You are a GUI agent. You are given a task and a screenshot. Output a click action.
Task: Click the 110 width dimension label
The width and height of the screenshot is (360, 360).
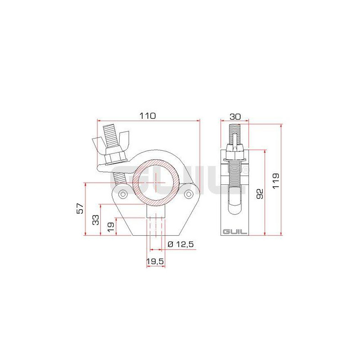pos(148,116)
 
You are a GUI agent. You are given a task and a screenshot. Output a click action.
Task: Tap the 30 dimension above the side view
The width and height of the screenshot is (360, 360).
pos(235,117)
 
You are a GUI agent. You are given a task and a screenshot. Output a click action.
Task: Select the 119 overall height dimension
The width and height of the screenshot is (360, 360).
pos(275,181)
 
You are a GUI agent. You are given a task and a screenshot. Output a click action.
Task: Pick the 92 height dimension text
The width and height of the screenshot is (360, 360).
pos(260,194)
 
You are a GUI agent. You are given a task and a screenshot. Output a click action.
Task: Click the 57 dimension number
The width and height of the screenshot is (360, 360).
pos(80,208)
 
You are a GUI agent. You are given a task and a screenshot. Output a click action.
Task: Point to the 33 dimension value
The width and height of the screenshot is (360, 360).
pos(95,220)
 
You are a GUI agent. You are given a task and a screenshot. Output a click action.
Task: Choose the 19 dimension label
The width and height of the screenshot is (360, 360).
pos(111,227)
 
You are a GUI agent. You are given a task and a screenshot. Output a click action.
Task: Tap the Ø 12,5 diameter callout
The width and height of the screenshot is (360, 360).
pos(181,244)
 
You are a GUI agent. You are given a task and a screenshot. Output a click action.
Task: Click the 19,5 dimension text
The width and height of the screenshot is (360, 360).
pos(155,261)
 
